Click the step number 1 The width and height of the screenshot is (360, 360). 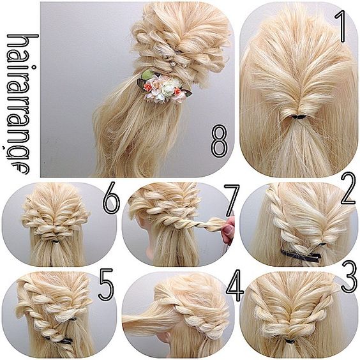point(341,27)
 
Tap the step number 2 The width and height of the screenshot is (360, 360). point(349,189)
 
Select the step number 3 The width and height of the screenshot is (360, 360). point(349,276)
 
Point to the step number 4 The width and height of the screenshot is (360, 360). point(235,285)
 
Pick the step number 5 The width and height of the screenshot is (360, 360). point(106,285)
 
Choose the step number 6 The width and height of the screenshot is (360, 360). point(111,198)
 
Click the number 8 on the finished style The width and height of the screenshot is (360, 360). point(219,141)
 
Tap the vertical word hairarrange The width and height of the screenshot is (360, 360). point(22,104)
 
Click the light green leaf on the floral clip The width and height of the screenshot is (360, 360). point(147,75)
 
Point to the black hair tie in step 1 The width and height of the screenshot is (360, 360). point(299,117)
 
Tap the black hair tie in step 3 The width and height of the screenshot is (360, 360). point(290,341)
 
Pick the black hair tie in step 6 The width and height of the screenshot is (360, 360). point(56,241)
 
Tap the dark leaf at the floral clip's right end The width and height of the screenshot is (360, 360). point(186,93)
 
